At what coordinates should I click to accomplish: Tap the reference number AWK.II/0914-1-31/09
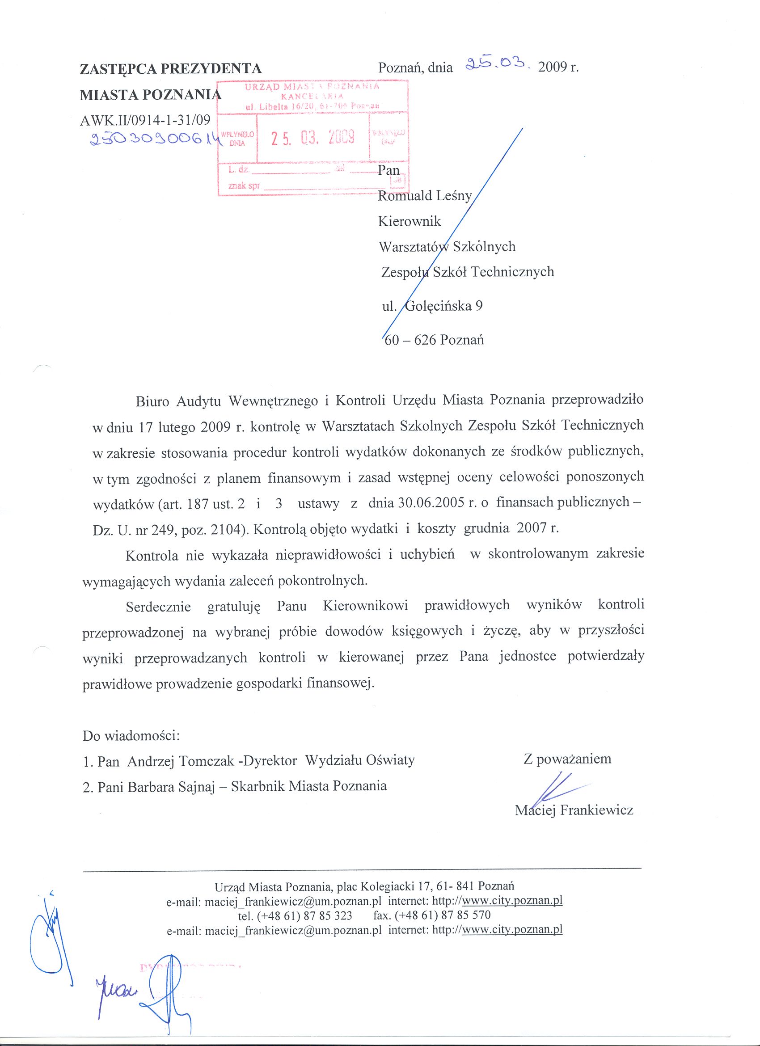coord(145,120)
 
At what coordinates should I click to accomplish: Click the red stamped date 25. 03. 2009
coord(312,137)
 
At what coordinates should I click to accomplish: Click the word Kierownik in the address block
coord(409,221)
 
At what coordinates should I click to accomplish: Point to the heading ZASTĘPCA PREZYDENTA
coord(171,69)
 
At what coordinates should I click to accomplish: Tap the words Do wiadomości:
coord(131,736)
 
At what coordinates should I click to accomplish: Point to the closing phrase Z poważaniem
coord(567,759)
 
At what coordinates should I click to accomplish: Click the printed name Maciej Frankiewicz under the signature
coord(574,810)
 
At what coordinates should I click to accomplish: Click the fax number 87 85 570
coord(466,915)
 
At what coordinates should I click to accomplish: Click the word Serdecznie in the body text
coord(158,607)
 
